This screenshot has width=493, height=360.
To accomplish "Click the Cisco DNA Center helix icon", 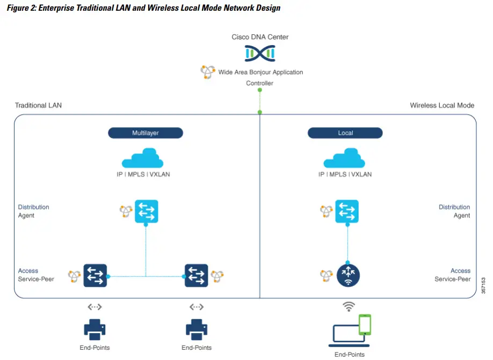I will [260, 53].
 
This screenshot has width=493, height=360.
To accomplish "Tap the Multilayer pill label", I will [146, 133].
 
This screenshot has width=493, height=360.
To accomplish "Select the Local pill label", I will [345, 133].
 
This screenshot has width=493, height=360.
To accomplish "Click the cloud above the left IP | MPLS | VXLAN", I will [143, 159].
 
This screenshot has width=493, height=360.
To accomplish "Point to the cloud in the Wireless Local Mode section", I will [344, 159].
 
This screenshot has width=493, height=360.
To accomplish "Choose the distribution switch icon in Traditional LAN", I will [146, 211].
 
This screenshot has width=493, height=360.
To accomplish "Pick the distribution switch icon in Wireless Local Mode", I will [347, 211].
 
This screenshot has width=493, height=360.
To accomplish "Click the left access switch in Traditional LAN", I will [95, 276].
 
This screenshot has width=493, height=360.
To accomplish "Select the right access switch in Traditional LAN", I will [196, 276].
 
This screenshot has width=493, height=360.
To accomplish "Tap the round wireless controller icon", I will [348, 276].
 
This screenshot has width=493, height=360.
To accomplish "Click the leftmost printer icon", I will [95, 329].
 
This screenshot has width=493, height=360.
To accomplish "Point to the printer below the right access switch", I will [197, 329].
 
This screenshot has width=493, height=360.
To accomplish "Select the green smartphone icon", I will [365, 325].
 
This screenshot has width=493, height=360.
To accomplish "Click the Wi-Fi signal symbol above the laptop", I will [349, 306].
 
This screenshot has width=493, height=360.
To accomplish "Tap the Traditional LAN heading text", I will [38, 105].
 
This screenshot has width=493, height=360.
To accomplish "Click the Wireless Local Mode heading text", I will [442, 105].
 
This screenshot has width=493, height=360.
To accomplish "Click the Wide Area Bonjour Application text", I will [260, 72].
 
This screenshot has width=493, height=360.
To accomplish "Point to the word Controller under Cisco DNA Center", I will [259, 83].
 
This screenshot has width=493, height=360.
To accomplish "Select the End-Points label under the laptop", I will [350, 354].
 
